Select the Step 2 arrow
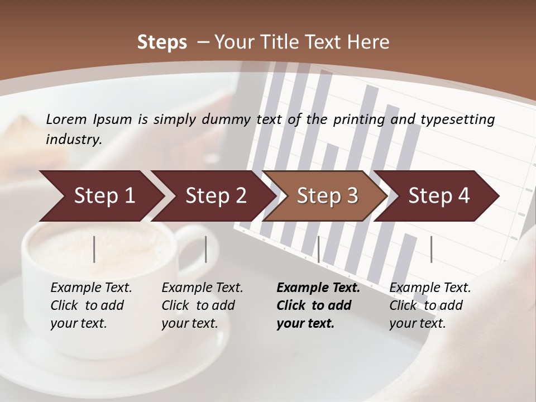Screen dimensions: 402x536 215,196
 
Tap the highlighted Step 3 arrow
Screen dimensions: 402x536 327,196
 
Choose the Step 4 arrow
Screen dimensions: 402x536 438,196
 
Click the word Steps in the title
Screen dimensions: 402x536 162,42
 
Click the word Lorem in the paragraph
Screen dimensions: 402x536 66,119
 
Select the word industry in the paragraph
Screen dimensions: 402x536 74,139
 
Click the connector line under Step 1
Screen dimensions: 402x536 94,249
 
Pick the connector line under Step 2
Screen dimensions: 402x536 206,249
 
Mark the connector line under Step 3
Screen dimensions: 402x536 318,249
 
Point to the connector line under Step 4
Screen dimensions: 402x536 431,249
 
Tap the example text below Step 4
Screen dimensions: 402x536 430,305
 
